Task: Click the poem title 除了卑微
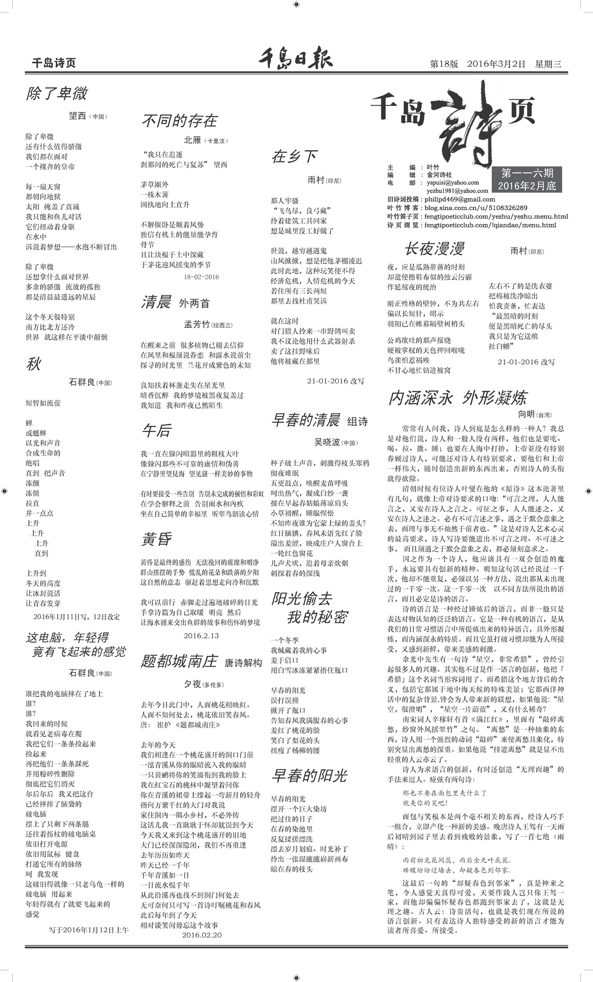(x=57, y=93)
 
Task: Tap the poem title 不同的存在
(x=179, y=121)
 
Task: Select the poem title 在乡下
(x=295, y=157)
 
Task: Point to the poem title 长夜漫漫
(x=434, y=249)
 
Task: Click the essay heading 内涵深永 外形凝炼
(x=458, y=398)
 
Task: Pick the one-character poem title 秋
(x=34, y=365)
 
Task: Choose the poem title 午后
(x=156, y=431)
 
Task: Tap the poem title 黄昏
(x=156, y=539)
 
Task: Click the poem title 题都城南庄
(x=179, y=661)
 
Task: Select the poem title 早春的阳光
(x=309, y=776)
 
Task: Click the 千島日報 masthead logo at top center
(x=296, y=59)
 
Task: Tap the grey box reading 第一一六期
(x=527, y=179)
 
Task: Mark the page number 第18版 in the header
(x=444, y=64)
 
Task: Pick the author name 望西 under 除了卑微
(x=78, y=116)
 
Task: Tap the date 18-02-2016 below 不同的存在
(x=201, y=277)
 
